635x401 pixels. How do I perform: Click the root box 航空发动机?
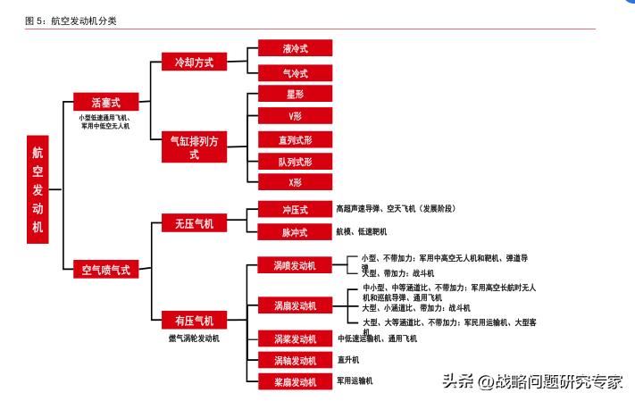pyautogui.click(x=38, y=188)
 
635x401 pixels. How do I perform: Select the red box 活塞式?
pyautogui.click(x=104, y=103)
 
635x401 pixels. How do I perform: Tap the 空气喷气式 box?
pyautogui.click(x=105, y=269)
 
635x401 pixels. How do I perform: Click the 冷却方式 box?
pyautogui.click(x=194, y=62)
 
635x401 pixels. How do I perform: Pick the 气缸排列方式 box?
pyautogui.click(x=194, y=147)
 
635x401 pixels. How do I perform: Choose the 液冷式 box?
pyautogui.click(x=295, y=48)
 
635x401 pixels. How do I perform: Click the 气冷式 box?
pyautogui.click(x=295, y=73)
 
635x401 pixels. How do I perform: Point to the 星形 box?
pyautogui.click(x=295, y=94)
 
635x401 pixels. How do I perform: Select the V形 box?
pyautogui.click(x=295, y=116)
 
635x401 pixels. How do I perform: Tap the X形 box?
pyautogui.click(x=295, y=182)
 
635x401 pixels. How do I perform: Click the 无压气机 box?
pyautogui.click(x=194, y=223)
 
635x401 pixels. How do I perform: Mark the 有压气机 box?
pyautogui.click(x=194, y=320)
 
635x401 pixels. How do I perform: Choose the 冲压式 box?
pyautogui.click(x=295, y=210)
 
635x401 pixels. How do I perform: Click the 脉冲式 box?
pyautogui.click(x=295, y=232)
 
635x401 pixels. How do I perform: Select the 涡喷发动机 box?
pyautogui.click(x=295, y=265)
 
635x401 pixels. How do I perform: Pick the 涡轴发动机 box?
pyautogui.click(x=295, y=360)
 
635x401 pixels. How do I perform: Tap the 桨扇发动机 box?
pyautogui.click(x=295, y=381)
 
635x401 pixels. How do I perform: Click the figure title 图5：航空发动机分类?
pyautogui.click(x=71, y=20)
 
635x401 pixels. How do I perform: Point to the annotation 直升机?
pyautogui.click(x=348, y=360)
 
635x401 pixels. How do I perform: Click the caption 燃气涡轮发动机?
pyautogui.click(x=194, y=338)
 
